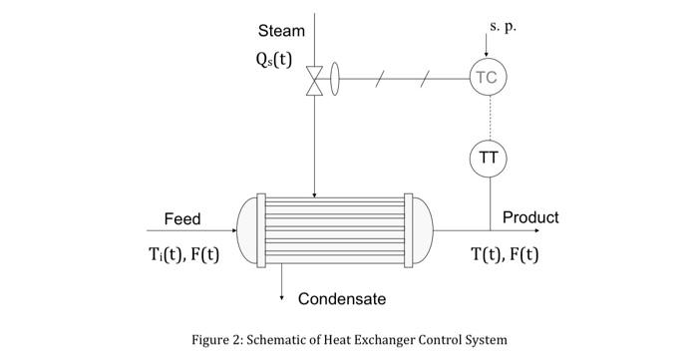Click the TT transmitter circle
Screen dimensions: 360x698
(488, 157)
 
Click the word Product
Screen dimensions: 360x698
(530, 217)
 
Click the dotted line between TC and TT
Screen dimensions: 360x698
(488, 117)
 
